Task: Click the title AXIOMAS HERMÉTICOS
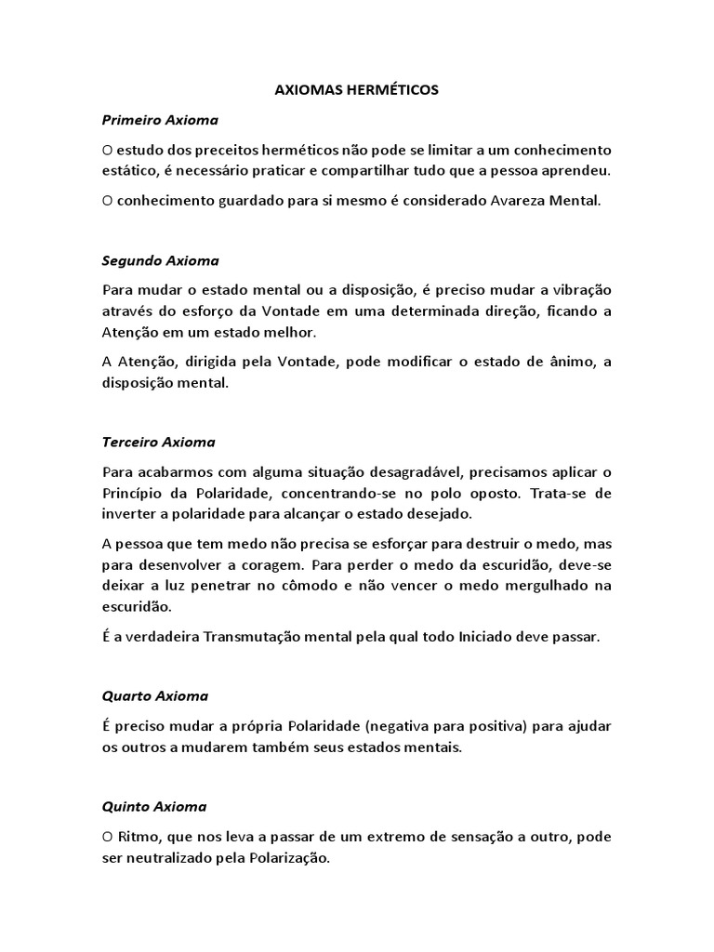pyautogui.click(x=358, y=90)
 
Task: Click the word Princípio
pyautogui.click(x=134, y=492)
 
